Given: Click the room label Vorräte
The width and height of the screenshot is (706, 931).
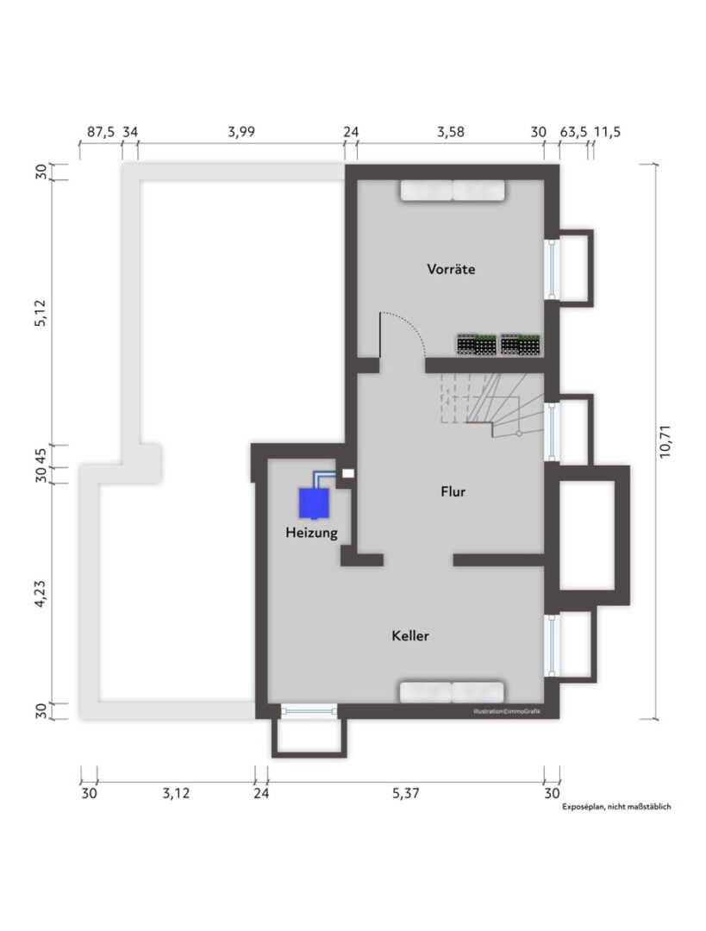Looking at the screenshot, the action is tap(451, 269).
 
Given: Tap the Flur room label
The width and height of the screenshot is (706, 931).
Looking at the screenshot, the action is tap(453, 491).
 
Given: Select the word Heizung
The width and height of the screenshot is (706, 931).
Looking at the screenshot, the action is tap(311, 533).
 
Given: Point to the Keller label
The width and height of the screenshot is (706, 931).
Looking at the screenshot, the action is tap(410, 636).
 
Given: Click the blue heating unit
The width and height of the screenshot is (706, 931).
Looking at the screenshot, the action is tap(314, 503).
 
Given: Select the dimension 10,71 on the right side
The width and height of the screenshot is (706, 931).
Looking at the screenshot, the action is tap(665, 441).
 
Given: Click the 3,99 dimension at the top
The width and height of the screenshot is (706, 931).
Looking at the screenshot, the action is tap(241, 131).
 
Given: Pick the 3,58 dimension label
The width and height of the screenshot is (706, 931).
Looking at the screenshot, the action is tap(451, 131).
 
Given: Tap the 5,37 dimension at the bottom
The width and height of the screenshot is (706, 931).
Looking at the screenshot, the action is tap(405, 793).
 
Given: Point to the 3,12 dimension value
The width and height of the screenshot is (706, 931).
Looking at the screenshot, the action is tap(176, 793).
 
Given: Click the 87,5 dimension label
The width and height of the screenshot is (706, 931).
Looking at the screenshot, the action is tap(101, 131).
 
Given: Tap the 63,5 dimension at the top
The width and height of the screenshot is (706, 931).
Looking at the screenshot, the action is tap(573, 131).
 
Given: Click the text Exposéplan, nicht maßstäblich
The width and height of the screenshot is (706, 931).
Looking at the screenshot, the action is tap(616, 806).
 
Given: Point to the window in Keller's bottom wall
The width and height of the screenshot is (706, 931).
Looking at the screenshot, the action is tap(309, 710).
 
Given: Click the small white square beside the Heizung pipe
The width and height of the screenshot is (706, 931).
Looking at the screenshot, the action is tap(348, 473).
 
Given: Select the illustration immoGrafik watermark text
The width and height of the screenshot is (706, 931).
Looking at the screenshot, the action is tap(507, 711).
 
